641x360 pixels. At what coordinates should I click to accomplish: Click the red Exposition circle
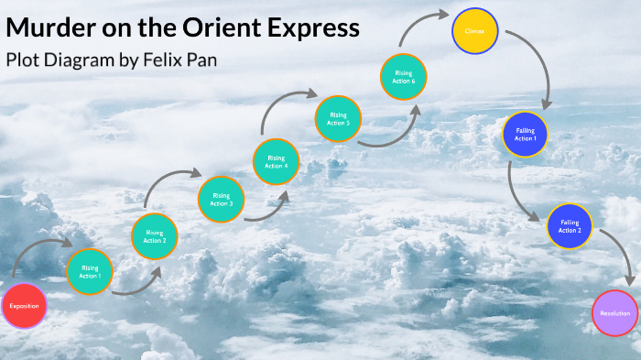[25, 305]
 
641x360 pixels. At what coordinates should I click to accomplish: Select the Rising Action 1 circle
[91, 272]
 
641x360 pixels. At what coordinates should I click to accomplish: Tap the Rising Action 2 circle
[155, 236]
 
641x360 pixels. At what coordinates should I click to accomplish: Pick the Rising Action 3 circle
[221, 199]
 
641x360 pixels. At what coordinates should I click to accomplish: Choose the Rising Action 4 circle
[277, 162]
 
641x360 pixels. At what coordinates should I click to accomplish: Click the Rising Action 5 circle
[338, 119]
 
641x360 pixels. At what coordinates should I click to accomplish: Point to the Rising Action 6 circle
[404, 77]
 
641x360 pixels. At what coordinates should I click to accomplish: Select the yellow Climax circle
[475, 30]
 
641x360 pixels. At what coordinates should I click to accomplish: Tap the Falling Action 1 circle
[525, 135]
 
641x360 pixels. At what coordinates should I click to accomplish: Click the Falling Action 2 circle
[570, 226]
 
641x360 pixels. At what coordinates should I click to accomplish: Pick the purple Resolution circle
[614, 313]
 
